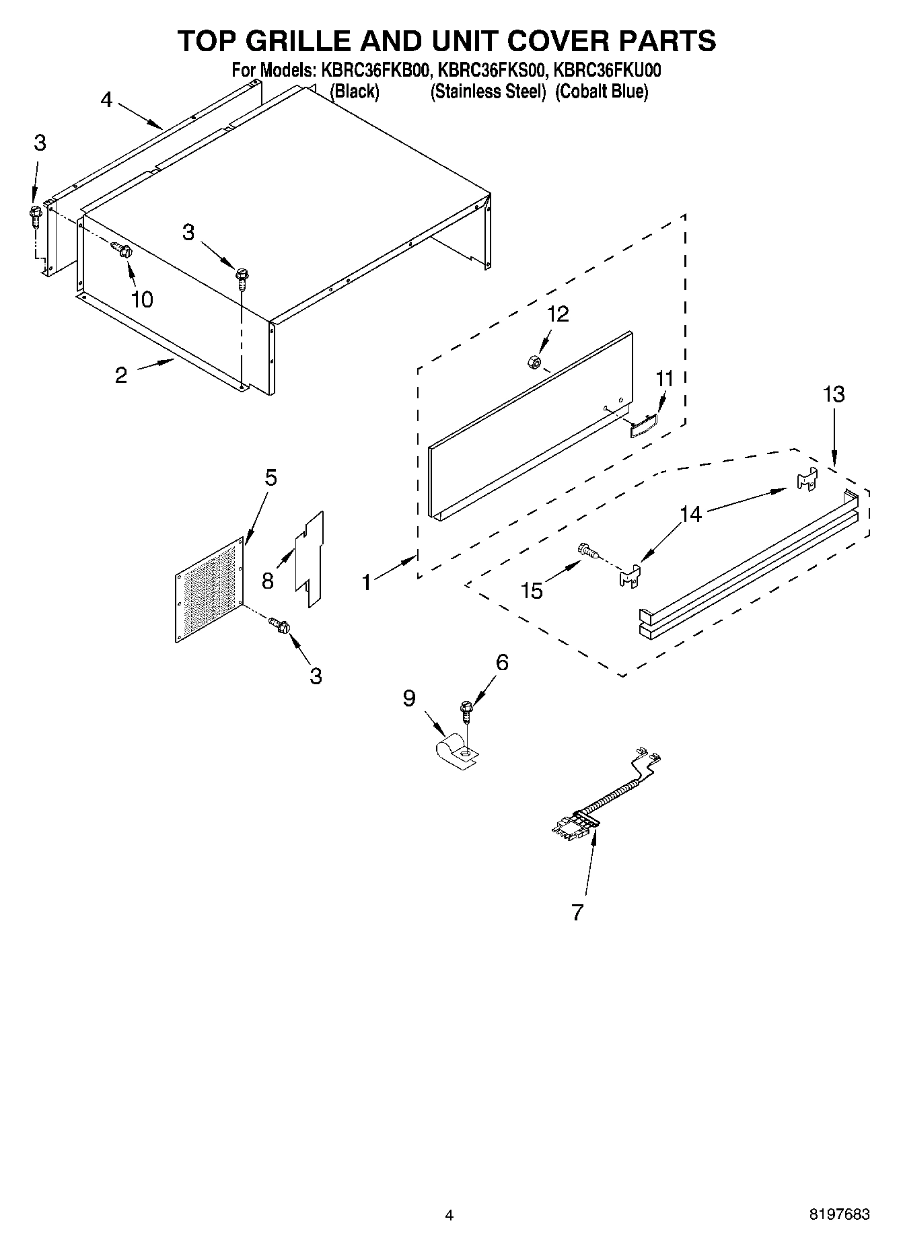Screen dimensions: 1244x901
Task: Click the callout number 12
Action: tap(558, 314)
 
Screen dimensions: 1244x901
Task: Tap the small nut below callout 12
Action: tap(533, 362)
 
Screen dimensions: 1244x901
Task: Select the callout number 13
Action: tap(834, 394)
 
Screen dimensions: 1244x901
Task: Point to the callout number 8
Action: tap(268, 581)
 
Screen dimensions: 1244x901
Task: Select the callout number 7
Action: tap(577, 913)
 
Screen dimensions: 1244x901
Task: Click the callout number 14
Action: tap(690, 515)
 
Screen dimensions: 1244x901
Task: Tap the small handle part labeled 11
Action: tap(643, 426)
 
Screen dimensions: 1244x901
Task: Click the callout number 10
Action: tap(142, 299)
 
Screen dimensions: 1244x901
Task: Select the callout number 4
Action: tap(106, 100)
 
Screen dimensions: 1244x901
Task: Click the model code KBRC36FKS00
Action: tap(490, 71)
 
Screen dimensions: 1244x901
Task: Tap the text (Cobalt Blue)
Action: tap(601, 92)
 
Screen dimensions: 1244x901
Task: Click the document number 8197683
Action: tap(839, 1214)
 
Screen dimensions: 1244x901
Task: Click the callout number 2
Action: tap(120, 375)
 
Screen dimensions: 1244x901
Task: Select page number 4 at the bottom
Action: tap(449, 1215)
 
